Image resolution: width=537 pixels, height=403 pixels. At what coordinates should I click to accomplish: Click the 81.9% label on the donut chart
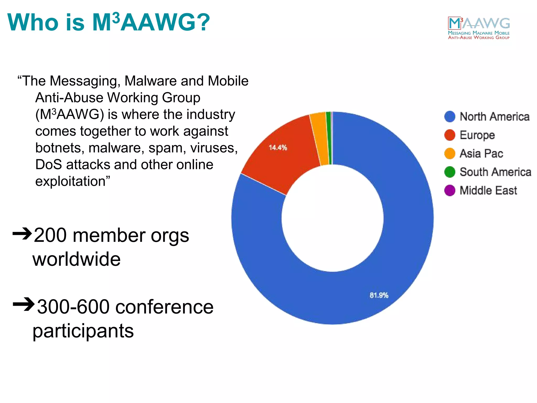379,295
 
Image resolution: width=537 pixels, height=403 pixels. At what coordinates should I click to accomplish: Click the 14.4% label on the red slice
278,147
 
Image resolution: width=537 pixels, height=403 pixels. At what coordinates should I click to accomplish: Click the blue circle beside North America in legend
450,116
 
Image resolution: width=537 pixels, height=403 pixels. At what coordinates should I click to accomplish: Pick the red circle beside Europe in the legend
450,135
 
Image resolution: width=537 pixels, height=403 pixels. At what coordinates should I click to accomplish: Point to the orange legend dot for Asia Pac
450,153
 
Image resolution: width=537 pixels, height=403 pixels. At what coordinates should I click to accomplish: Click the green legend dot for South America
450,172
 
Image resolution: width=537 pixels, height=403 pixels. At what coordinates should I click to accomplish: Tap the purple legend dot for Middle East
450,190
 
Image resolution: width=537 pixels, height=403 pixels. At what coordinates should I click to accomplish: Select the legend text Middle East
488,190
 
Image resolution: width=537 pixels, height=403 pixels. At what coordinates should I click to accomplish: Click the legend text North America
495,116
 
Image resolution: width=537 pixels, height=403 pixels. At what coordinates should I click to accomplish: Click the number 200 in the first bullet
50,235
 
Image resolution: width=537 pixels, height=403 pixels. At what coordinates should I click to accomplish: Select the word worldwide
76,259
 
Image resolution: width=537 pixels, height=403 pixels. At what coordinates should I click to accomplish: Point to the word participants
83,331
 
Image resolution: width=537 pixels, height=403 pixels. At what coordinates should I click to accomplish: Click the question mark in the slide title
202,22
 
